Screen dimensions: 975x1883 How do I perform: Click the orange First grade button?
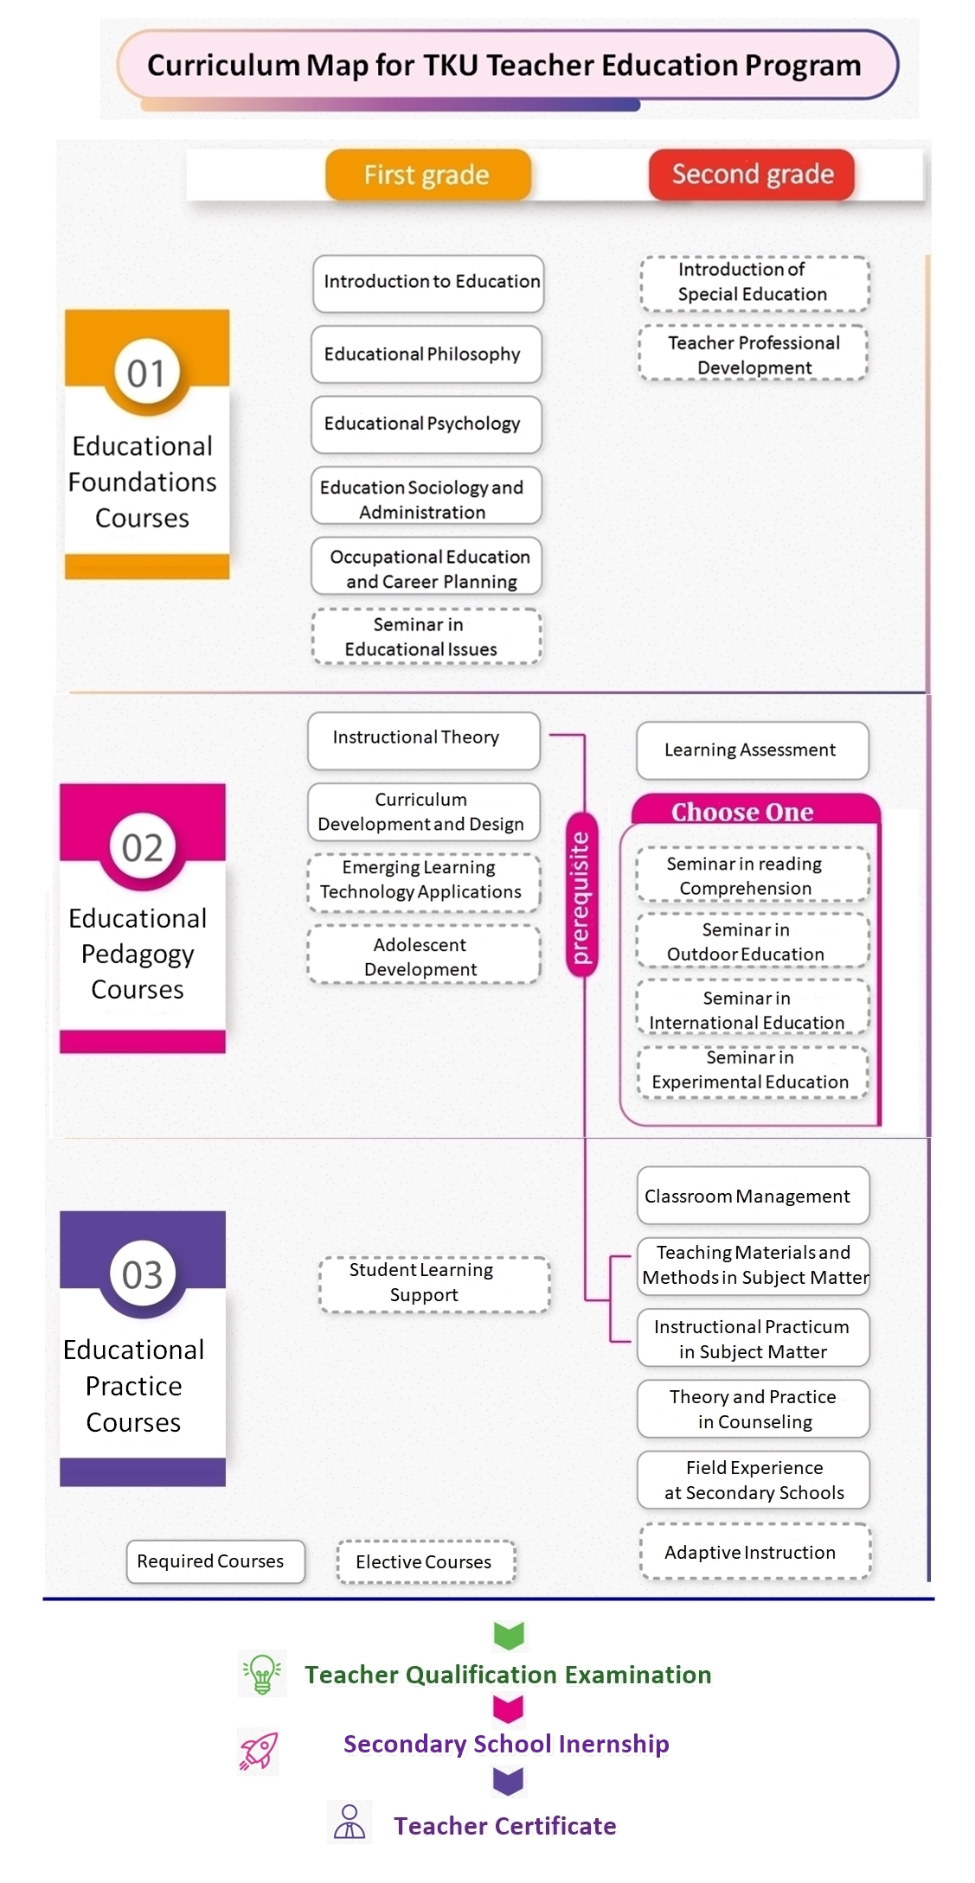[x=427, y=175]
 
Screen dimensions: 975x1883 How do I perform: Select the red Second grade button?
[x=752, y=175]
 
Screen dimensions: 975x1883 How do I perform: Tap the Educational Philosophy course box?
[x=427, y=354]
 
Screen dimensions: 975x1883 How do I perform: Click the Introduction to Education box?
[x=428, y=283]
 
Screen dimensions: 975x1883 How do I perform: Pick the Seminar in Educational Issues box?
[x=427, y=636]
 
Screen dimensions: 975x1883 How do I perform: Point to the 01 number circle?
[x=145, y=373]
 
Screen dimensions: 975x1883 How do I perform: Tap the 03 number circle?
[x=142, y=1275]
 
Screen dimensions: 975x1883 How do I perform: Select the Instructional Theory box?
[x=424, y=740]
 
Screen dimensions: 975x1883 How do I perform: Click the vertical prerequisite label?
[x=581, y=896]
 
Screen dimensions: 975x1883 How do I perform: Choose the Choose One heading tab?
[x=754, y=811]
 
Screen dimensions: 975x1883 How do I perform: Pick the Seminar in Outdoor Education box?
[x=753, y=941]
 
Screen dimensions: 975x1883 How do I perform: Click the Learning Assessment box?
[x=753, y=750]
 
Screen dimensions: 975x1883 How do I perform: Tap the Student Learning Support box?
[x=434, y=1284]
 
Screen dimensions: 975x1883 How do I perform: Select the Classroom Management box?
[x=754, y=1196]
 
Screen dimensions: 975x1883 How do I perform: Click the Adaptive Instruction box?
[x=755, y=1552]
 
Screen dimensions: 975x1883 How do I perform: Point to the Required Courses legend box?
[x=215, y=1561]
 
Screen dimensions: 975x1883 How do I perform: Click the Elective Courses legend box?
[x=426, y=1561]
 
